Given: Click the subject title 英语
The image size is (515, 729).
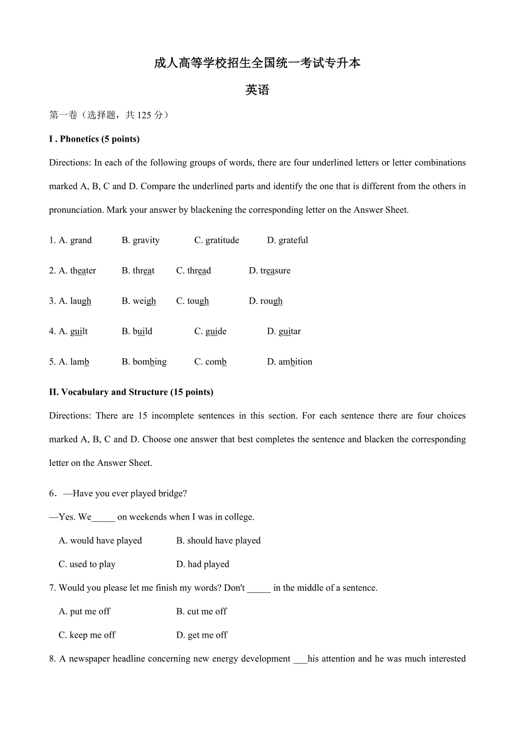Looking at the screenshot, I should (x=257, y=90).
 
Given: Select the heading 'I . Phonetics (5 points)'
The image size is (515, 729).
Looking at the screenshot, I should (x=95, y=139).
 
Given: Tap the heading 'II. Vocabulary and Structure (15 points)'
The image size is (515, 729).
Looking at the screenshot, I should (x=131, y=392).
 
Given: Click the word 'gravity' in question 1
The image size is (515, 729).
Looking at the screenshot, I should (x=146, y=240).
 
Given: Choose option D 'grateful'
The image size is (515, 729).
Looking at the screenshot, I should (x=293, y=240).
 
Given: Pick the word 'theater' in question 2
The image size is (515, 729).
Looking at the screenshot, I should (x=83, y=270).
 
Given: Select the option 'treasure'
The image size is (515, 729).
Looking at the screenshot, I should (x=275, y=270).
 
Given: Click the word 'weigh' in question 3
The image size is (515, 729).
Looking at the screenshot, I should (x=144, y=301).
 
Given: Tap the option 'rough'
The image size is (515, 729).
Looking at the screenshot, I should (x=271, y=301).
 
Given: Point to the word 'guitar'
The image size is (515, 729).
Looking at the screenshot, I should (x=289, y=331).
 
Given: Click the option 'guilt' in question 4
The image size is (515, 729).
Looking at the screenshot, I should (x=79, y=331).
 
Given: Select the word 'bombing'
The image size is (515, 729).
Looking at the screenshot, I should (x=149, y=362).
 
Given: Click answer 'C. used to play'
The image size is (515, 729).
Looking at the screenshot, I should (x=87, y=564).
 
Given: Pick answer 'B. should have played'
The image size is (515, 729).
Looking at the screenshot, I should (x=218, y=540).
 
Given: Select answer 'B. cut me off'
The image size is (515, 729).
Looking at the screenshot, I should (x=202, y=611).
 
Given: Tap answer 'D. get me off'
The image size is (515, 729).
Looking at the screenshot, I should (x=202, y=635).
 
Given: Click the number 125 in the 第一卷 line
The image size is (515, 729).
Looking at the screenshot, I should (x=144, y=115).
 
